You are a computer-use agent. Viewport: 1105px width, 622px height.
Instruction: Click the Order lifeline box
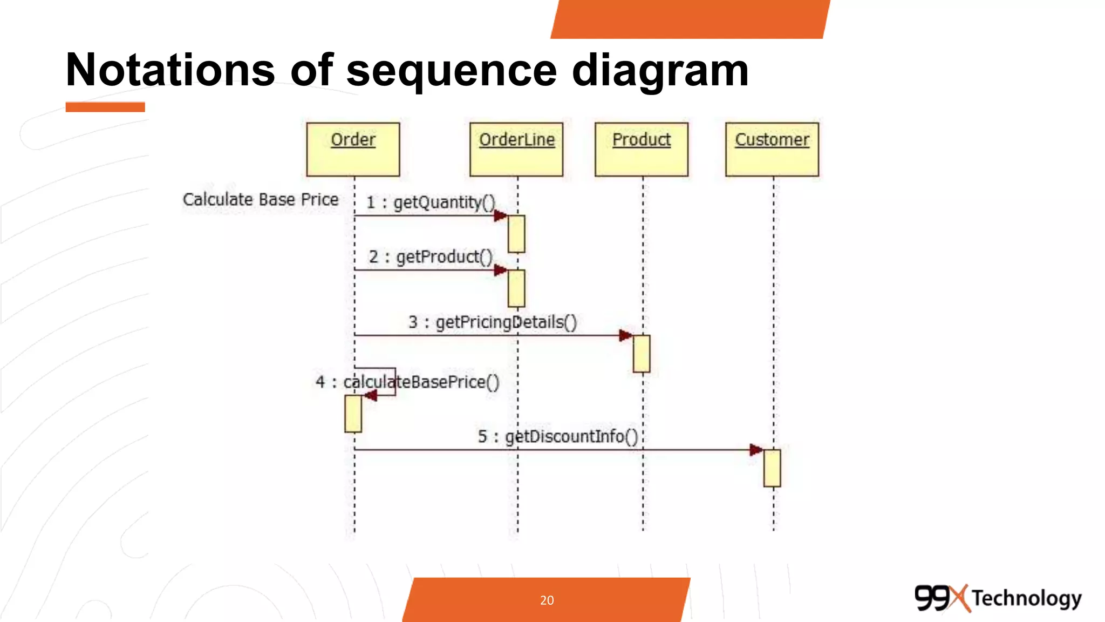pos(353,149)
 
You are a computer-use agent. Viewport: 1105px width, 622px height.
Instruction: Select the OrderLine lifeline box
pos(516,149)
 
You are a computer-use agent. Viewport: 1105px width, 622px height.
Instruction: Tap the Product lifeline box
pos(642,149)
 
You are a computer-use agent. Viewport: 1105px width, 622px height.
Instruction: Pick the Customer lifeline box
pos(772,149)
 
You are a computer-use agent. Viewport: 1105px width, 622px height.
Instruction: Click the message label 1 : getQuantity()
pos(431,202)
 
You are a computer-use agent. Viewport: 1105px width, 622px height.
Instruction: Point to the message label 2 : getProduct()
pos(431,257)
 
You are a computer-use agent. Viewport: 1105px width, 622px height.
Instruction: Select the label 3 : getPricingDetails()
pos(493,322)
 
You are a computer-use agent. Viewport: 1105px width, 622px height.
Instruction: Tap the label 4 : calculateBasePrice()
pos(407,382)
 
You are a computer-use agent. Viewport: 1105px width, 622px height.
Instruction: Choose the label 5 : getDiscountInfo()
pos(558,436)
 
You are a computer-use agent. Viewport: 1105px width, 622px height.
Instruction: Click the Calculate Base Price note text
pos(261,200)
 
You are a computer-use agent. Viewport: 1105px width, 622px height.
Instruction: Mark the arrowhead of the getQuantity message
pos(501,216)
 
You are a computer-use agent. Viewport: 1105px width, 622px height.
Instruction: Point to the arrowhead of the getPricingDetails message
pos(626,335)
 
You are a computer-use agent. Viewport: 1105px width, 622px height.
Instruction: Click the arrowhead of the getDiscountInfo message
pos(756,450)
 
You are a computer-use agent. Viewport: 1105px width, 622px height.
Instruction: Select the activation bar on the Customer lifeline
pos(772,468)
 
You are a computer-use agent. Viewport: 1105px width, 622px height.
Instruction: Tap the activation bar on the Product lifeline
pos(642,354)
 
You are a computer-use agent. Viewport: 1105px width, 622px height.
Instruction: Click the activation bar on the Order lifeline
pos(353,414)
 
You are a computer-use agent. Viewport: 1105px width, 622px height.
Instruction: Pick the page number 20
pos(547,600)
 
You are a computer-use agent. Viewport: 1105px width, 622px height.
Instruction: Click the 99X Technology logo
pos(998,598)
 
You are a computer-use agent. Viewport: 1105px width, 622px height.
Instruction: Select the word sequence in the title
pos(451,70)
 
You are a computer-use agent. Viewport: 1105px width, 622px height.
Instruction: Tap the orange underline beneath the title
pos(105,107)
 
